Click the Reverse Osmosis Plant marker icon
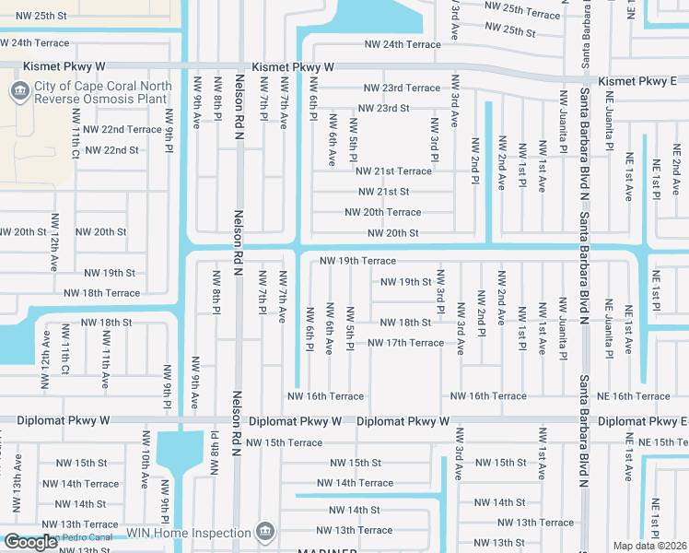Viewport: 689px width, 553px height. click(18, 91)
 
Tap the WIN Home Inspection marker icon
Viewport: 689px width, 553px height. click(266, 532)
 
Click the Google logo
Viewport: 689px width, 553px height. click(30, 542)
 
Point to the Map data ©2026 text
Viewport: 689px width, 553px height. click(649, 546)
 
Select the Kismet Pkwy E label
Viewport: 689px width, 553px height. click(637, 82)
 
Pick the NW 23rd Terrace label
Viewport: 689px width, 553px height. click(402, 88)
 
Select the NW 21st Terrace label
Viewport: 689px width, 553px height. click(393, 171)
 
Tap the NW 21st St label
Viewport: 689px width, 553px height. click(383, 192)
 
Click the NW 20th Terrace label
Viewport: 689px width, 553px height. click(382, 212)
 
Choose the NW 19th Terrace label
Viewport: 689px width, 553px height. click(357, 261)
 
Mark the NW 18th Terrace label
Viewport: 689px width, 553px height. click(101, 293)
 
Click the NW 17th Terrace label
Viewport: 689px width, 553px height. click(405, 343)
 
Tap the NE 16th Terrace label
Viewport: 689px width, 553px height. click(635, 396)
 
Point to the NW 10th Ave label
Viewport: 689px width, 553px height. click(145, 469)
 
